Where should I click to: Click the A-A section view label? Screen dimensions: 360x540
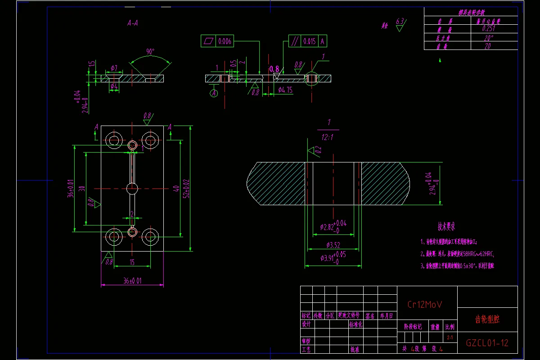click(x=133, y=24)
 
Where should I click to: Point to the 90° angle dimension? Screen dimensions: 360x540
click(x=150, y=51)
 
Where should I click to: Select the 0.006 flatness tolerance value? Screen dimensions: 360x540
click(x=225, y=41)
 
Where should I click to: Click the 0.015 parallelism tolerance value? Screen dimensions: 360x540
click(x=309, y=41)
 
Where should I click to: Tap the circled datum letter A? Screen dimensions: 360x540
click(x=214, y=93)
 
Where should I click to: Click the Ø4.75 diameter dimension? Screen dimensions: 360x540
click(x=285, y=90)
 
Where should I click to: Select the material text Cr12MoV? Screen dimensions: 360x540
click(x=425, y=305)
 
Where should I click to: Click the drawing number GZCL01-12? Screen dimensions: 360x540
click(x=487, y=343)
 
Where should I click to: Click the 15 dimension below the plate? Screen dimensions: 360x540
click(x=132, y=262)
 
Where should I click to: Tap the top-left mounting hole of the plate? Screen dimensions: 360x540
click(x=113, y=139)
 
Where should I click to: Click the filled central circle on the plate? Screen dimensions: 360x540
click(x=132, y=189)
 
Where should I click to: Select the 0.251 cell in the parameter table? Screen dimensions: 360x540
click(x=488, y=28)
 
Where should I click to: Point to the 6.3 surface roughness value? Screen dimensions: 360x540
click(x=400, y=21)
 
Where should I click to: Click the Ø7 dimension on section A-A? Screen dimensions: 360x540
click(x=114, y=68)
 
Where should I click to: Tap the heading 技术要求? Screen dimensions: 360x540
click(x=447, y=226)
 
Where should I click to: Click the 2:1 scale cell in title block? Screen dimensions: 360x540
click(x=450, y=337)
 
